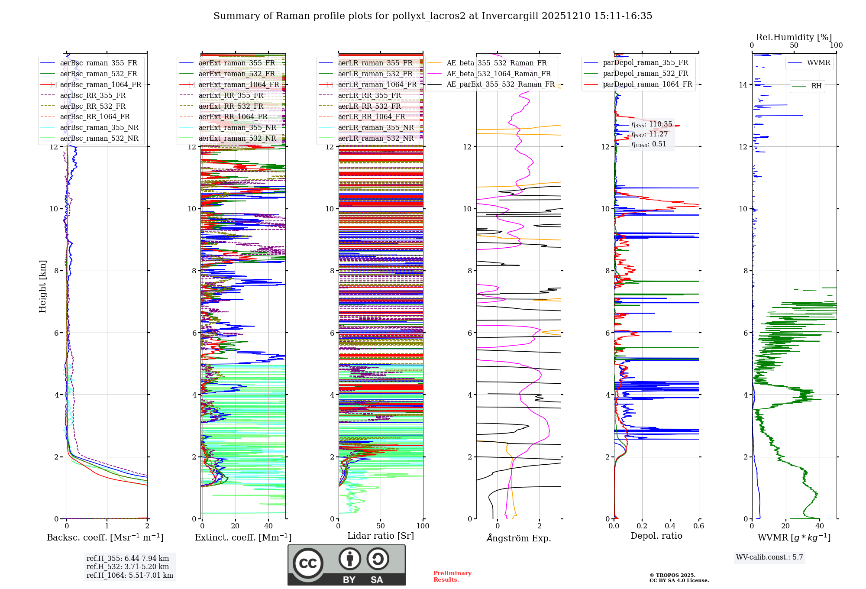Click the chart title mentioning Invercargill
[433, 16]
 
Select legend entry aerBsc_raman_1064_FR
[100, 84]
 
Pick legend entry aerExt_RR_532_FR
[231, 106]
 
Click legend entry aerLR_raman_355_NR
[376, 127]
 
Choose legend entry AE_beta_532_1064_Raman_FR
[498, 74]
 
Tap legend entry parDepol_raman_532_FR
[645, 74]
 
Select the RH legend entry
[816, 86]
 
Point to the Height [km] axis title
[42, 286]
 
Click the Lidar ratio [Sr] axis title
[380, 536]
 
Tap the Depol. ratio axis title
[656, 536]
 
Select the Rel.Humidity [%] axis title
[794, 37]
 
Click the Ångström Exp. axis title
[518, 538]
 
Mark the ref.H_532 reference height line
[128, 566]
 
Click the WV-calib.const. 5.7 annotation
[769, 557]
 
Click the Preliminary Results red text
[452, 576]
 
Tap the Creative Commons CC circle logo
[308, 563]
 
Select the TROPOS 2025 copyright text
[679, 578]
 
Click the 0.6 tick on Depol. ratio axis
[698, 526]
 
